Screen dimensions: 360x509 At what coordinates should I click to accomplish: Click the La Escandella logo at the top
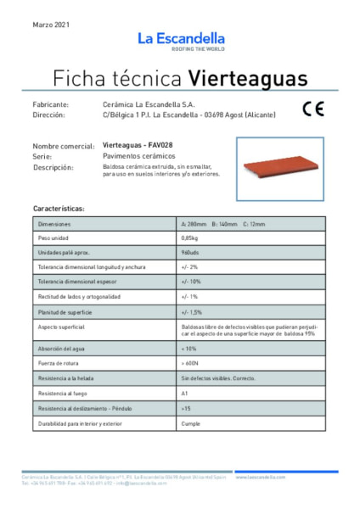click(x=180, y=41)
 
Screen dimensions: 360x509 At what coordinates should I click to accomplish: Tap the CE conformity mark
click(x=311, y=109)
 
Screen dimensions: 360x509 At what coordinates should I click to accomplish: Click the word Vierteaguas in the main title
click(x=247, y=79)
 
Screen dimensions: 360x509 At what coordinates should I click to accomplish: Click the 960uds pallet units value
click(x=191, y=253)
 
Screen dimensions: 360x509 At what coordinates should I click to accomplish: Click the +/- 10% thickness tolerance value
click(x=191, y=282)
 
